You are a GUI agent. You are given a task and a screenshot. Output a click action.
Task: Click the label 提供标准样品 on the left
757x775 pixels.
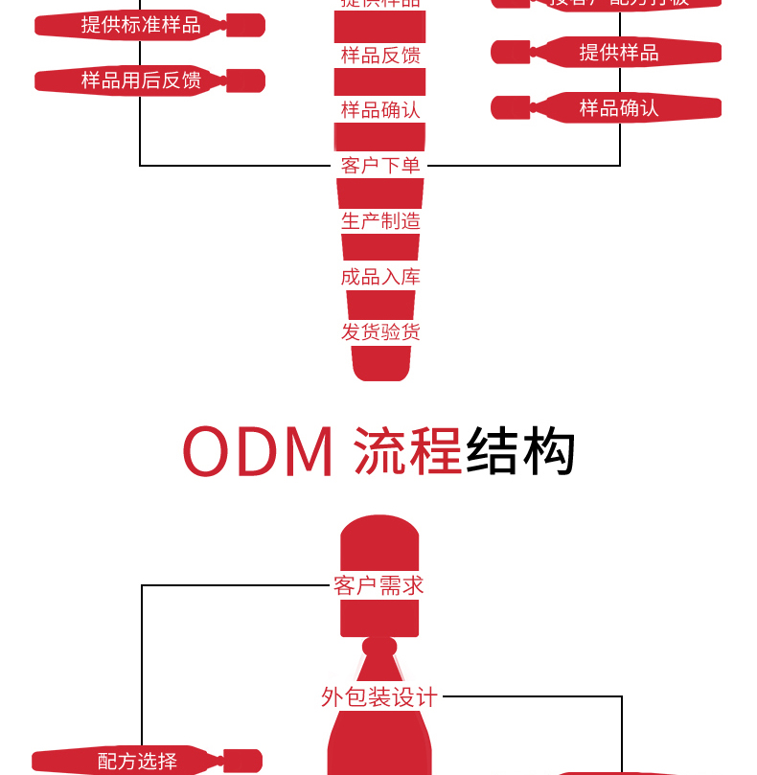click(x=141, y=26)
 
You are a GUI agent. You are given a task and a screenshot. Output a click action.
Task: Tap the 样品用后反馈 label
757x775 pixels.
click(x=141, y=80)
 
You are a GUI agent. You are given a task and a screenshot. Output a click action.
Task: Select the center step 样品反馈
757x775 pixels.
click(x=380, y=56)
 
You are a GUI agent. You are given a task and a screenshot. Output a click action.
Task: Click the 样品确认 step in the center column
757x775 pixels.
click(x=380, y=110)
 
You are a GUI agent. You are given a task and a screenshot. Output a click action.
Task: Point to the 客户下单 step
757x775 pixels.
click(x=380, y=166)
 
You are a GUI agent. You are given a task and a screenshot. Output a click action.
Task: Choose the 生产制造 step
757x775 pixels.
click(x=380, y=221)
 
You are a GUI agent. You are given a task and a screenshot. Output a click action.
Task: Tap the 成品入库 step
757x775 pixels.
click(x=380, y=277)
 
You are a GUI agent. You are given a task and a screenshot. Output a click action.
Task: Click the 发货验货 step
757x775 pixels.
click(x=380, y=332)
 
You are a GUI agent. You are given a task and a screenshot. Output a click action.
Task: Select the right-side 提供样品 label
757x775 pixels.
click(x=619, y=53)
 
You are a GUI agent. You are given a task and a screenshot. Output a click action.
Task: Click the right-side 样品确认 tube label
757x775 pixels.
click(x=619, y=108)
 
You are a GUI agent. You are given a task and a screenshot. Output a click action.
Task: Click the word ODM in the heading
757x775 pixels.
click(x=258, y=453)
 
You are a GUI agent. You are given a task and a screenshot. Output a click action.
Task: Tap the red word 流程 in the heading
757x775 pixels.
click(x=408, y=453)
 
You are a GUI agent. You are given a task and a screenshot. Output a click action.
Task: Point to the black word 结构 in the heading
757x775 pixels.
click(x=520, y=453)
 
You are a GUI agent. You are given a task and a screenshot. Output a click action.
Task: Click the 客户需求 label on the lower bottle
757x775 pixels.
click(x=379, y=585)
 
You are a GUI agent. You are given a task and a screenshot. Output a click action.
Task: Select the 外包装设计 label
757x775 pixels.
click(x=379, y=697)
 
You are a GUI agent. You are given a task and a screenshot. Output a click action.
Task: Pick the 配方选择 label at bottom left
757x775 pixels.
click(x=137, y=762)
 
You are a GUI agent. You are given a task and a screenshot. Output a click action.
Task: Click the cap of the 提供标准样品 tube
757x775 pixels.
click(x=244, y=26)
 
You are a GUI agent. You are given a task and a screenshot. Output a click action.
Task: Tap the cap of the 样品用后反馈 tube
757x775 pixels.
click(x=244, y=80)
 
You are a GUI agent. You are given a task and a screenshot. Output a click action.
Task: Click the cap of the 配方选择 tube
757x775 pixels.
click(x=241, y=761)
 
